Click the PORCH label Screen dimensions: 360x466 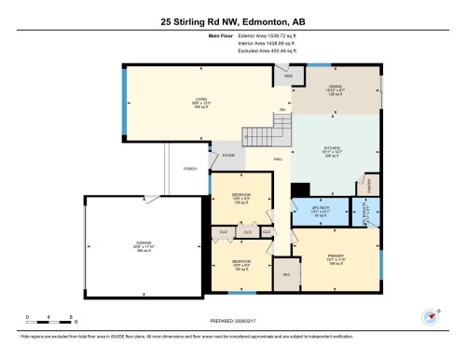click(189, 169)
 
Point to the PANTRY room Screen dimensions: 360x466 click(371, 185)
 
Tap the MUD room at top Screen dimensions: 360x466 click(289, 75)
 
